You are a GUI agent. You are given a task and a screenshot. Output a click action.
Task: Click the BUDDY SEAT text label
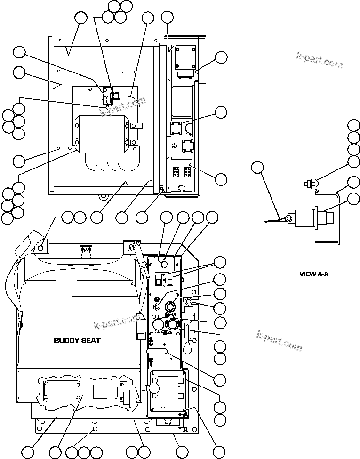pyautogui.click(x=77, y=340)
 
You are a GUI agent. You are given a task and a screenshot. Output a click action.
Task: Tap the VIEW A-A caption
pyautogui.click(x=314, y=274)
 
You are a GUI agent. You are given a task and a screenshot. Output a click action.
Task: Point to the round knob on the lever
pyautogui.click(x=188, y=349)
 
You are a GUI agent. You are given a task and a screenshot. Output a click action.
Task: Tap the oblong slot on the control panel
pyautogui.click(x=158, y=351)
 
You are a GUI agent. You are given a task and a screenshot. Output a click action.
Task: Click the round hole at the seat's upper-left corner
pyautogui.click(x=42, y=248)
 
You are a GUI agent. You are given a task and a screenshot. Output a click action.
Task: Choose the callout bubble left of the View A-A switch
pyautogui.click(x=257, y=168)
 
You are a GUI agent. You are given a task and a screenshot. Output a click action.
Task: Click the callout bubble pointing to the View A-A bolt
pyautogui.click(x=353, y=161)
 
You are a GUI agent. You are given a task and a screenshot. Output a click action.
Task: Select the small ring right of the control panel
pyautogui.click(x=189, y=301)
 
